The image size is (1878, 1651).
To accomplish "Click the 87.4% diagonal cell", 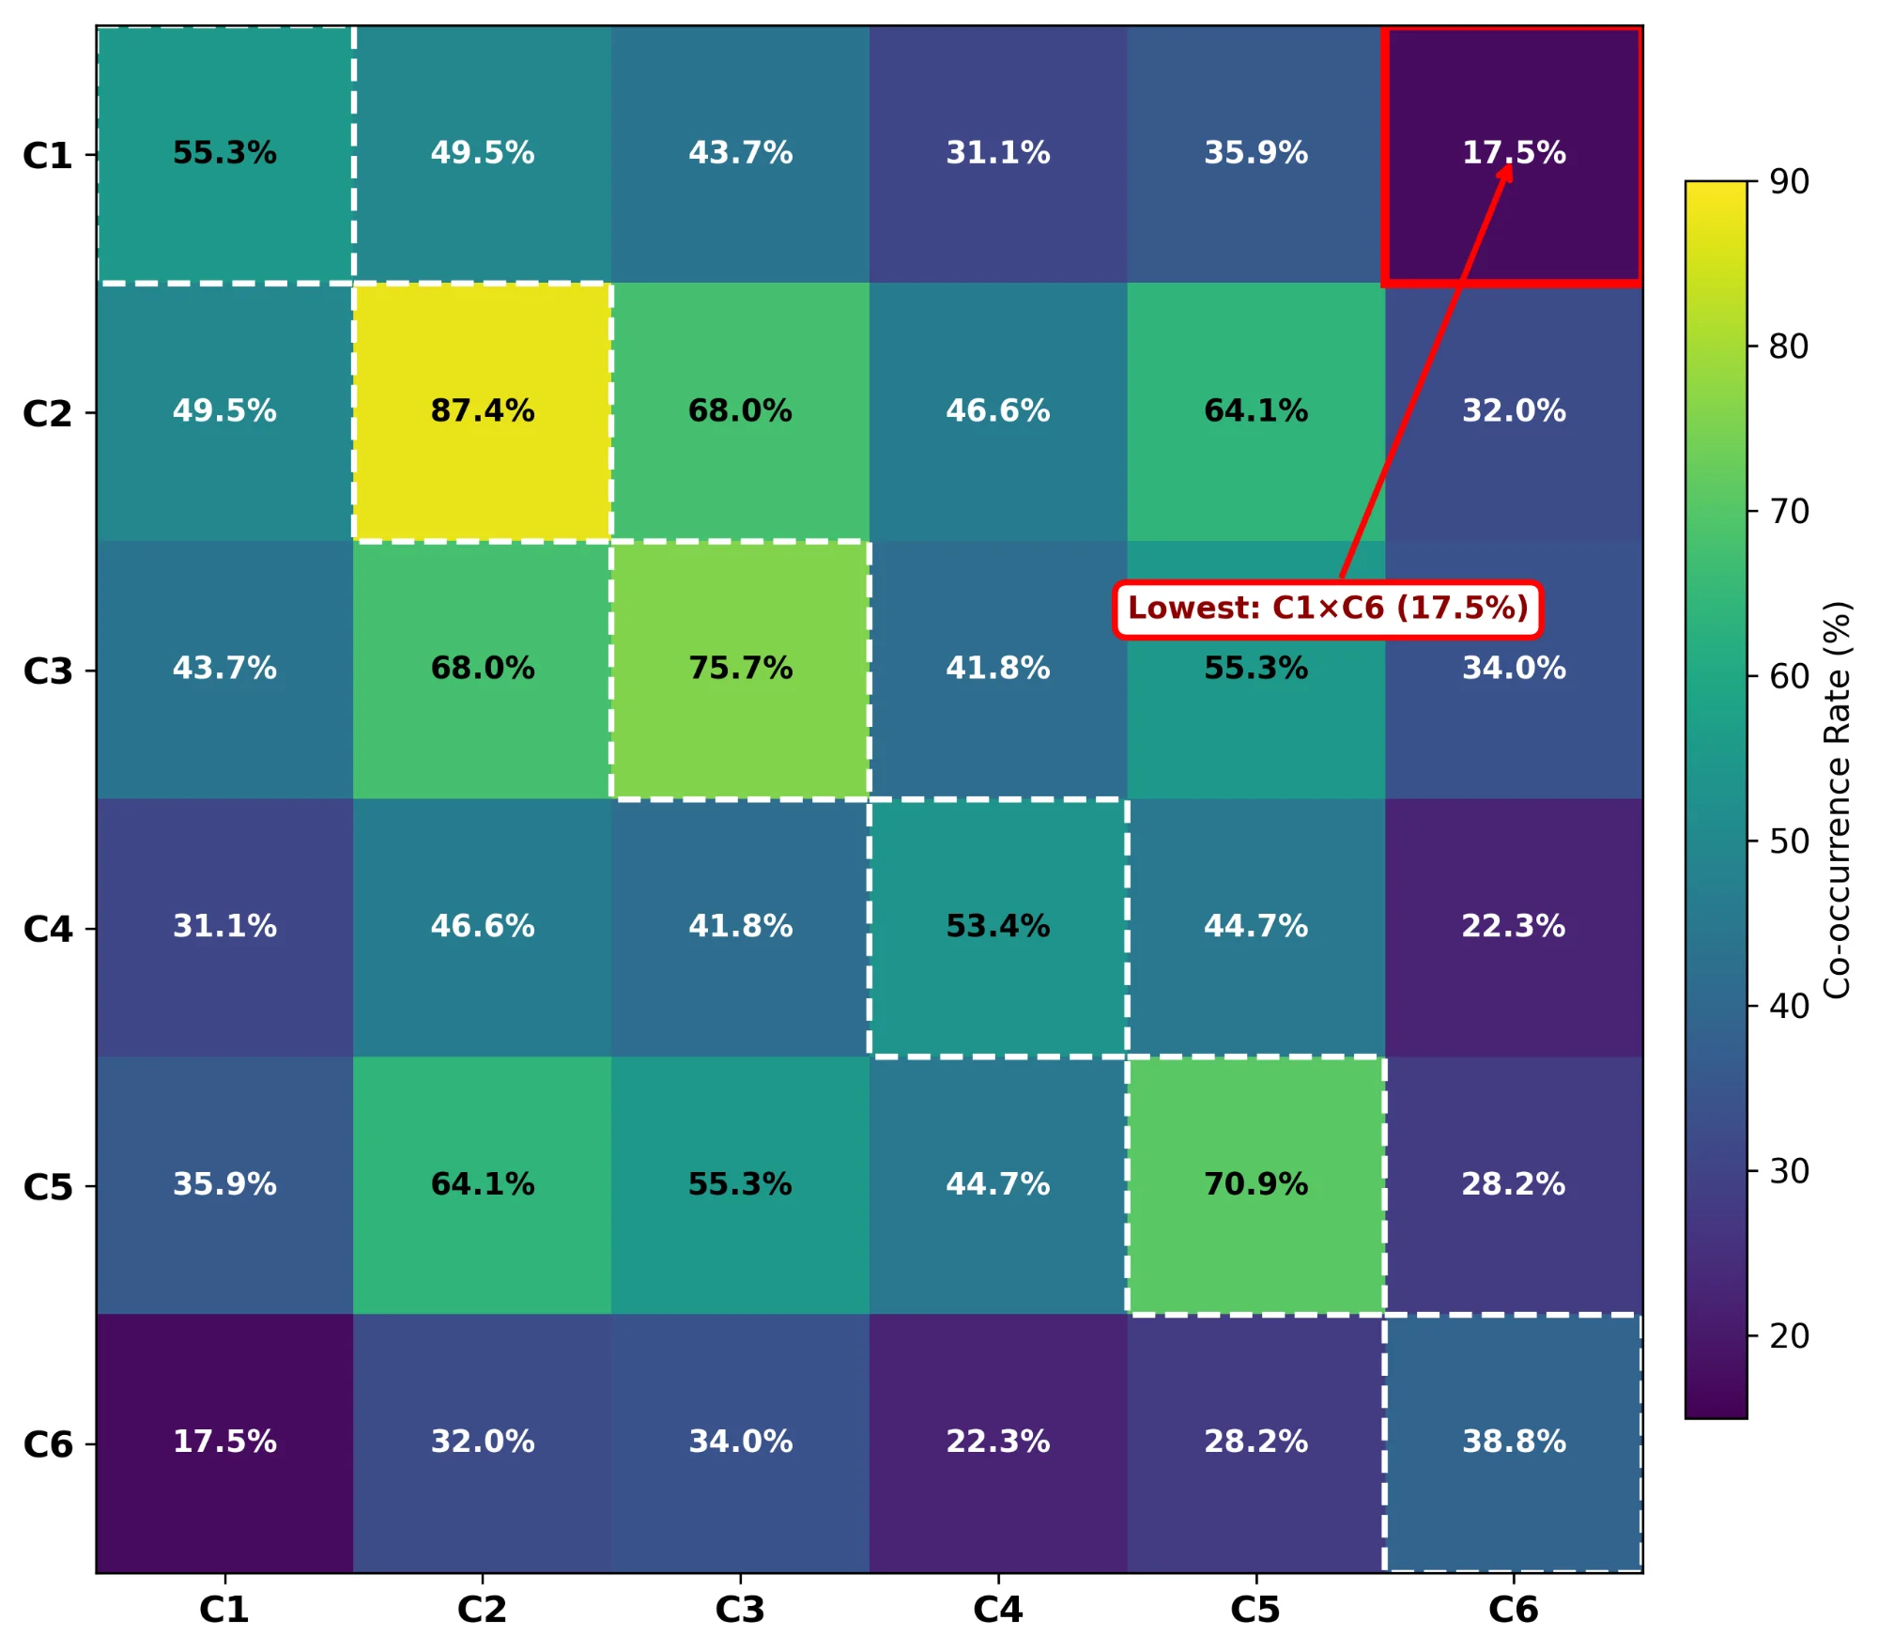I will tap(483, 411).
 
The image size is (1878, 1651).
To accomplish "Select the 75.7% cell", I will tap(740, 669).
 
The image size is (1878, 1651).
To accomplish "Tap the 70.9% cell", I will tap(1255, 1184).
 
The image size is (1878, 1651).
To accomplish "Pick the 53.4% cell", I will tap(997, 927).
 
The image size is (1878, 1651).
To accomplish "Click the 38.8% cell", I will tap(1514, 1442).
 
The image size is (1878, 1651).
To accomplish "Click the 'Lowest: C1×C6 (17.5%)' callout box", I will tap(1328, 609).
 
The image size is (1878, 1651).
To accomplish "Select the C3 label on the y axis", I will tap(47, 671).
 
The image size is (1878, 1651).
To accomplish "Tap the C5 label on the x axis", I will tap(1255, 1610).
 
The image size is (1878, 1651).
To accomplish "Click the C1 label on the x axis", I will tap(224, 1610).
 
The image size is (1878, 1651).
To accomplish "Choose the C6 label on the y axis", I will tap(47, 1444).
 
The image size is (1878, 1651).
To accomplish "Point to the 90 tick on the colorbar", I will tap(1789, 181).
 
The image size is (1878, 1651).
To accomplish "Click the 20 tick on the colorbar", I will tap(1789, 1335).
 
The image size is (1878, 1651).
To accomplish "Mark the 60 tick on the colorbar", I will tap(1789, 676).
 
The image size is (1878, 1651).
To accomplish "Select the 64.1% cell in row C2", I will tap(1255, 411).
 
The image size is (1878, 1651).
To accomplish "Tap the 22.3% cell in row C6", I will tap(997, 1442).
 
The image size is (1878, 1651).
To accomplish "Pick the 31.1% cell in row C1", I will tap(997, 153).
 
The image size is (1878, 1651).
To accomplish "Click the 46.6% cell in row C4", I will tap(483, 927).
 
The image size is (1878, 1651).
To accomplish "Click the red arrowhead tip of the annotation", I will tap(1508, 166).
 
